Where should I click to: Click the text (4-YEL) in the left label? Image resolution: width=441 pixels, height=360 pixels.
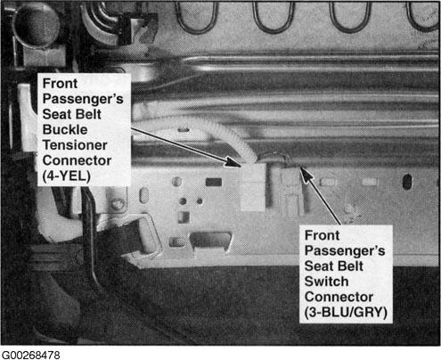click(x=67, y=176)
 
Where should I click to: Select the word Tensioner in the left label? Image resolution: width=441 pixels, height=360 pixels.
click(x=75, y=145)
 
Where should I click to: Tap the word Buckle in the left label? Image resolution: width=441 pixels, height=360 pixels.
click(x=65, y=129)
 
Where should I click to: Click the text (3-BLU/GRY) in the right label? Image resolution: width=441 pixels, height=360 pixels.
click(x=346, y=312)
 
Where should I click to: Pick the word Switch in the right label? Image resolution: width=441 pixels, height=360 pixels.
click(x=327, y=282)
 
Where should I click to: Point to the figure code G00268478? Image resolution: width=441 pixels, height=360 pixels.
click(x=30, y=355)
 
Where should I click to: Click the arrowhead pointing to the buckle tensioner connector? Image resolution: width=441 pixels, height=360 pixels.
click(x=233, y=162)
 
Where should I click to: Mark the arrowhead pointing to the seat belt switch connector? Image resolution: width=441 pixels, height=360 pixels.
click(x=306, y=175)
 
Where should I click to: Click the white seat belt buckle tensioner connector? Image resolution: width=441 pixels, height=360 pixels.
click(x=253, y=186)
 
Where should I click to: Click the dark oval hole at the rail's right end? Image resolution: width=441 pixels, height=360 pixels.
click(x=407, y=181)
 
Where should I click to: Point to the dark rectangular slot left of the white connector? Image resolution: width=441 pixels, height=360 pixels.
click(x=214, y=182)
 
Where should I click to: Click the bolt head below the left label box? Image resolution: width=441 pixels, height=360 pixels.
click(x=118, y=204)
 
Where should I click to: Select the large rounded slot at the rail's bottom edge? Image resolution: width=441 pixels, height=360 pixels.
click(x=211, y=240)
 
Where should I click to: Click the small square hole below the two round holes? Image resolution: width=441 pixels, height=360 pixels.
click(x=184, y=217)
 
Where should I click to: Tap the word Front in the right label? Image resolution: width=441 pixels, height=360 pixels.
click(x=322, y=235)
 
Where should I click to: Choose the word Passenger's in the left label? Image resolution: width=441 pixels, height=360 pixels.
click(x=83, y=99)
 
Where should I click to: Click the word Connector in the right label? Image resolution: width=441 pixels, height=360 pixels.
click(x=339, y=297)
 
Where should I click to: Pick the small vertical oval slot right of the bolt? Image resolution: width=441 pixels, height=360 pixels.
click(x=143, y=195)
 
